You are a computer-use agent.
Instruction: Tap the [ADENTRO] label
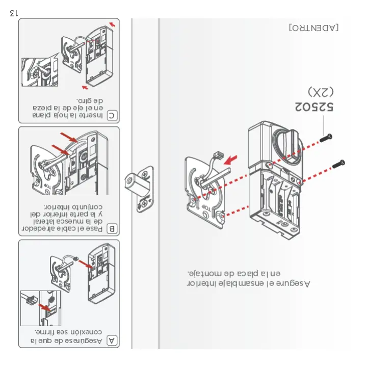coord(313,27)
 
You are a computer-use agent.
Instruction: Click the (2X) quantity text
coord(321,92)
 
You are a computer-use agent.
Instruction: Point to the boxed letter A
coord(112,340)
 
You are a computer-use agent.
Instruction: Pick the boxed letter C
coord(112,116)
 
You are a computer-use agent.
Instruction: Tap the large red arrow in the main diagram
coord(232,160)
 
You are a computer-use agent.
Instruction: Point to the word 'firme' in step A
coord(48,332)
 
